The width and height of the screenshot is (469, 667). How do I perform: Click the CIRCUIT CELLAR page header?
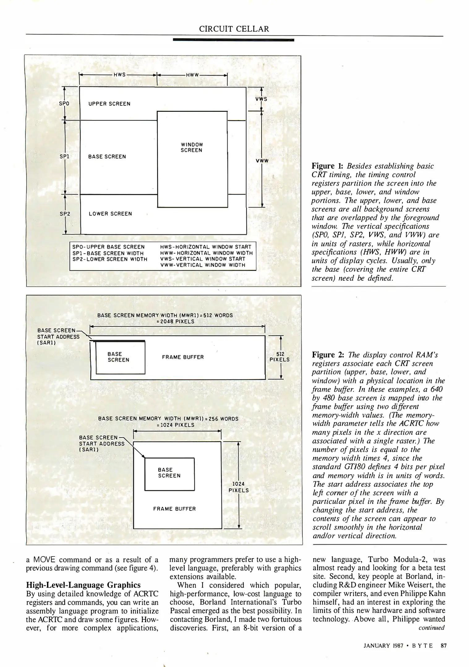coord(234,29)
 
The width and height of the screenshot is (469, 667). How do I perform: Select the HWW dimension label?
coord(192,75)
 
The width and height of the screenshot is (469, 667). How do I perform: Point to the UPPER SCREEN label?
coord(109,104)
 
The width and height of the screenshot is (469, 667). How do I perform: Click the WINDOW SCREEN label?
coord(191,147)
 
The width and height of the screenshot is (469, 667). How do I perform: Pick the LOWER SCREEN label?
coord(110,214)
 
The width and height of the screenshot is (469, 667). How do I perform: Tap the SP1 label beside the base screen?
coord(64,157)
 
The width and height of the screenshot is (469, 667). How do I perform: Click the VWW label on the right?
coord(262,161)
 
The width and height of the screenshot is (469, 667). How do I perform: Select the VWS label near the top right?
coord(261,99)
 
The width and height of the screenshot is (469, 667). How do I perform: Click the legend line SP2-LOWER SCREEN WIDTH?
coord(109,259)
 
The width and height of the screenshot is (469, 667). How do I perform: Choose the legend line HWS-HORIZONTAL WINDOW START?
coord(206,247)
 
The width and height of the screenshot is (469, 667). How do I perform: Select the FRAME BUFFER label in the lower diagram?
coord(174,509)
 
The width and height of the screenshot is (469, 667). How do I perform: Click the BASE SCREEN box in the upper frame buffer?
coord(120,357)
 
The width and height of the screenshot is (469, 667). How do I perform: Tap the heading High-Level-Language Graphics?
coord(83,585)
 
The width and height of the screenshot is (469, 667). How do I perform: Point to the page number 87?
coord(444,645)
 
